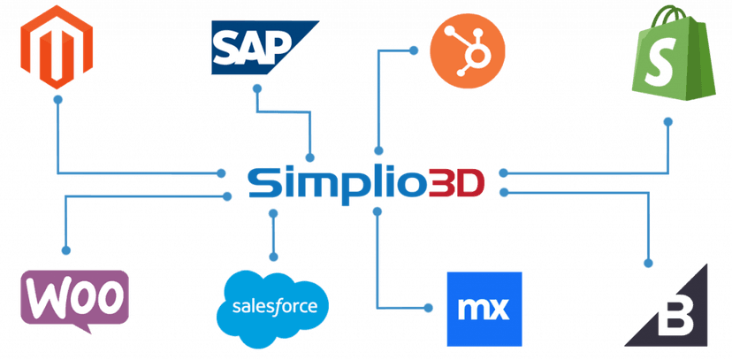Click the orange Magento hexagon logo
point(57,47)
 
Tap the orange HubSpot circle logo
point(468,51)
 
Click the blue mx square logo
point(484,309)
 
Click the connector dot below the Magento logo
point(57,99)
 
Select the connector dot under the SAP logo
point(256,88)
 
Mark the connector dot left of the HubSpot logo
point(413,50)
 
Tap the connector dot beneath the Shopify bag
point(668,121)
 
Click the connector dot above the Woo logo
point(65,250)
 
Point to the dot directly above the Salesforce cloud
point(273,257)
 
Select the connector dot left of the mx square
point(428,308)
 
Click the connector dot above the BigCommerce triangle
point(648,264)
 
